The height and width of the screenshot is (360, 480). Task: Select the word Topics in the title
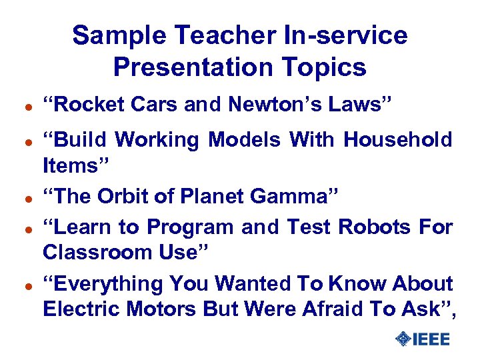click(327, 67)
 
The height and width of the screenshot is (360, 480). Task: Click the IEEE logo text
click(431, 339)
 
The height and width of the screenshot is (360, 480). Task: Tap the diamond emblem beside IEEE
click(402, 339)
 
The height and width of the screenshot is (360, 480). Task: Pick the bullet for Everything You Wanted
click(21, 285)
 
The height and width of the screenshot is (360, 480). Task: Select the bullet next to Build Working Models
click(21, 141)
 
